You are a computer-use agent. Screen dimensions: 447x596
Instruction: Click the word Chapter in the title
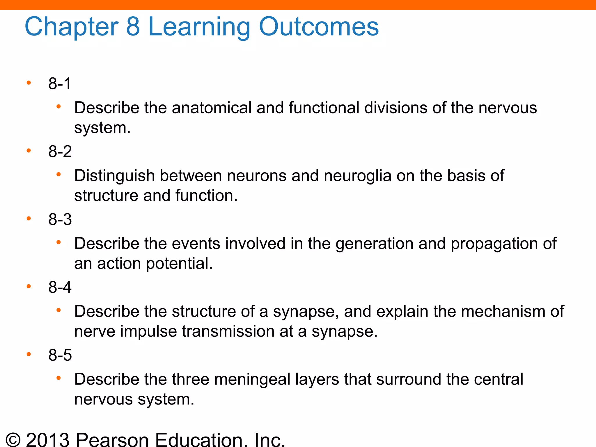pos(72,27)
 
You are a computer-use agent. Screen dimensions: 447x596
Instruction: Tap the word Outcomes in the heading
pos(319,27)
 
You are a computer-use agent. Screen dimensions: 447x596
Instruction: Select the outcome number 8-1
pos(60,84)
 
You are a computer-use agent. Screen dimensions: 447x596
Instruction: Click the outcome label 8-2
pos(60,152)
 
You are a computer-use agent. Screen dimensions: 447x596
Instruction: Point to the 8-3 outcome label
pos(60,219)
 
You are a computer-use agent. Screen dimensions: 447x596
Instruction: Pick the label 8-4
pos(60,287)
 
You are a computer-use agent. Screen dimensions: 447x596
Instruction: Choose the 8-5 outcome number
pos(60,355)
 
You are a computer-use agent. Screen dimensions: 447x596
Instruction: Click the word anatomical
pos(212,108)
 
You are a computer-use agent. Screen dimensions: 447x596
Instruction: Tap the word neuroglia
pos(358,176)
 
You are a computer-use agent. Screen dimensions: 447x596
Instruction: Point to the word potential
pos(179,264)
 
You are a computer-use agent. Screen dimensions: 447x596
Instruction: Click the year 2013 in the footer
pos(48,439)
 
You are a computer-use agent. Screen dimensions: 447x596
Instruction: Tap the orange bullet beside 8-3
pos(29,219)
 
